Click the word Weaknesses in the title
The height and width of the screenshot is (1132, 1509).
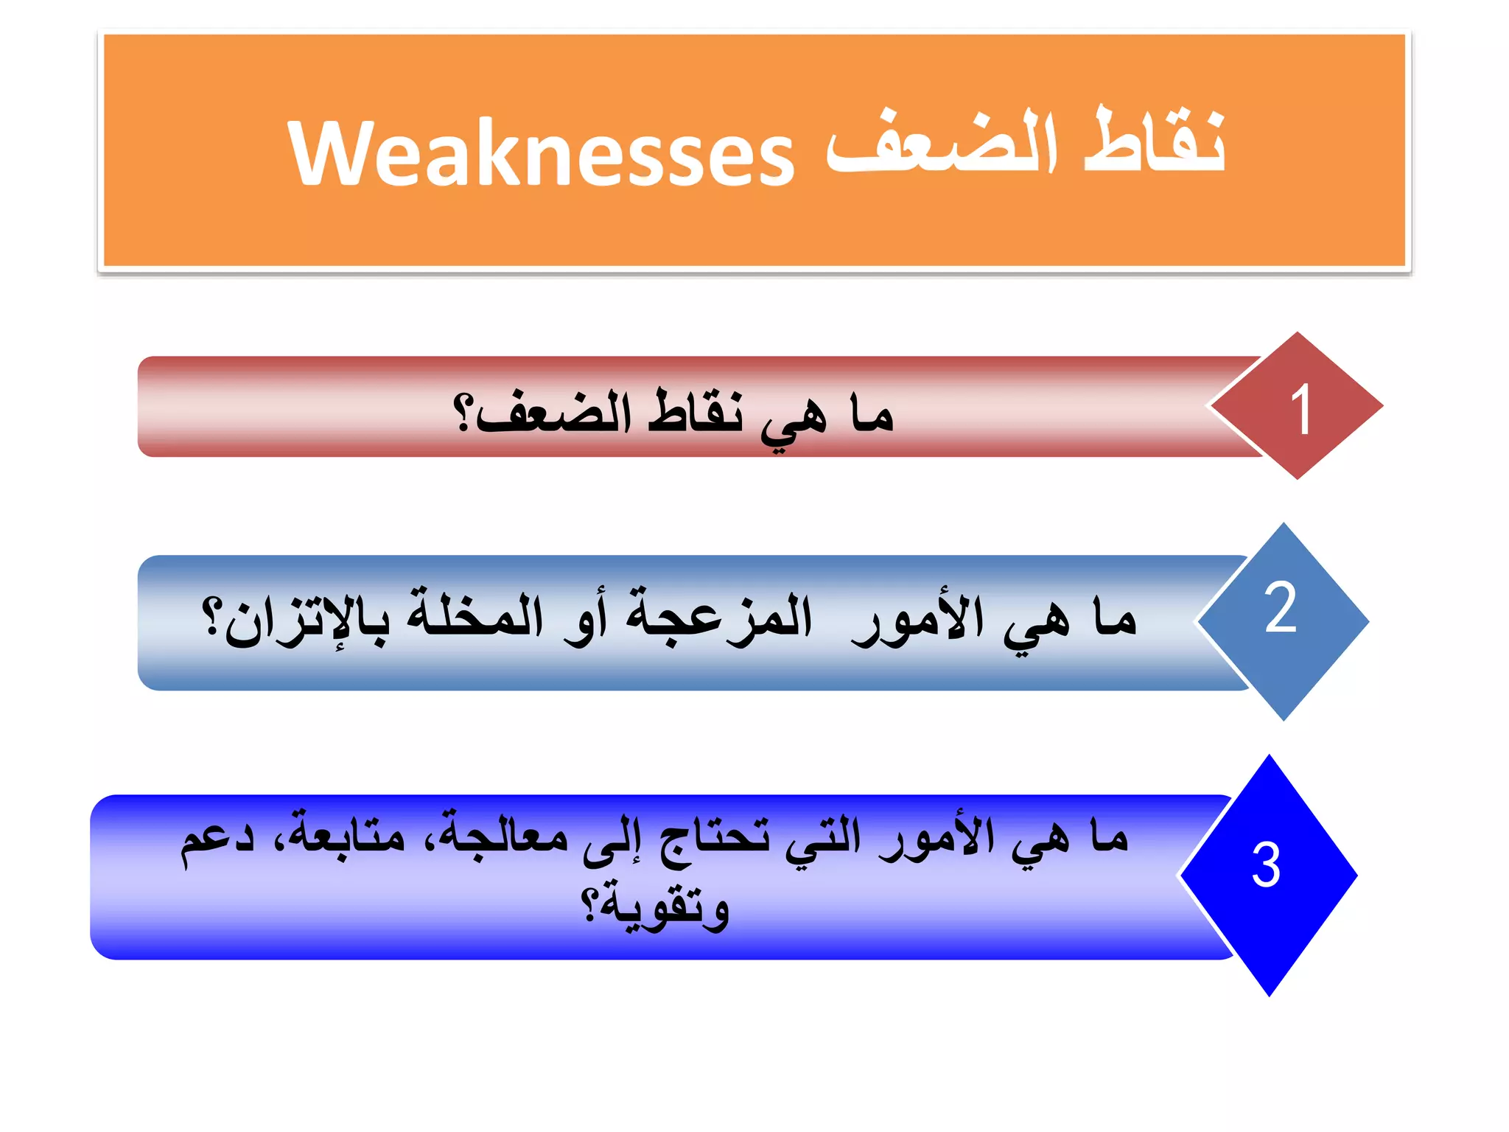click(x=542, y=153)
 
